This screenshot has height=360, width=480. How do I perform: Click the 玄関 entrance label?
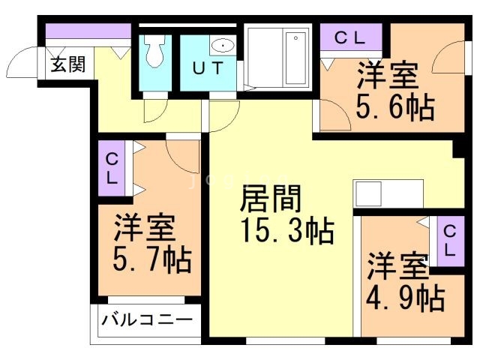(67, 64)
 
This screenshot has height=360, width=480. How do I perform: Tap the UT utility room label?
(208, 68)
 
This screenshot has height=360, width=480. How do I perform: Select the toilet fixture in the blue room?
(156, 51)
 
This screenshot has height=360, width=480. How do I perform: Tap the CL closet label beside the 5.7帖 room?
(111, 169)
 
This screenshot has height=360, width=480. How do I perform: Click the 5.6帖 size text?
(395, 108)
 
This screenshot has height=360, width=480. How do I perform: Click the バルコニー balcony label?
(147, 322)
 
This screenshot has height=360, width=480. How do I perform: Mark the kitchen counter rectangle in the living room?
(388, 194)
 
